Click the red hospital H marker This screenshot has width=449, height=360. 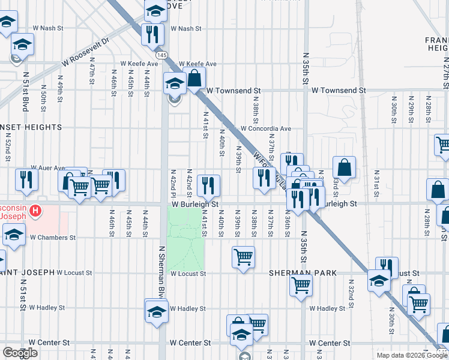pyautogui.click(x=36, y=211)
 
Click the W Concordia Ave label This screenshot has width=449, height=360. pyautogui.click(x=266, y=128)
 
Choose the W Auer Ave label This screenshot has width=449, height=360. pyautogui.click(x=48, y=169)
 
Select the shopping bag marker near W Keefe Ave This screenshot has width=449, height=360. pyautogui.click(x=194, y=77)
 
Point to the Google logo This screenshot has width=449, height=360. pyautogui.click(x=20, y=353)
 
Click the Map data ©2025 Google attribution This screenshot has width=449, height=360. pyautogui.click(x=412, y=355)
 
